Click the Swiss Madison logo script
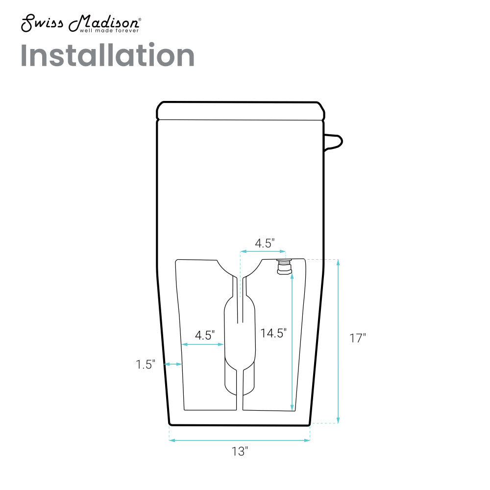(81, 23)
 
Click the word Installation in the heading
(107, 55)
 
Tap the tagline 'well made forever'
(109, 30)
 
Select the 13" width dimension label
(240, 451)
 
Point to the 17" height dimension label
(358, 338)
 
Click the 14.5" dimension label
(273, 333)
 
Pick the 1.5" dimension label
(146, 365)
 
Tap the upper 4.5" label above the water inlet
(265, 243)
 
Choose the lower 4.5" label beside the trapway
(205, 335)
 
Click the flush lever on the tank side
(333, 142)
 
